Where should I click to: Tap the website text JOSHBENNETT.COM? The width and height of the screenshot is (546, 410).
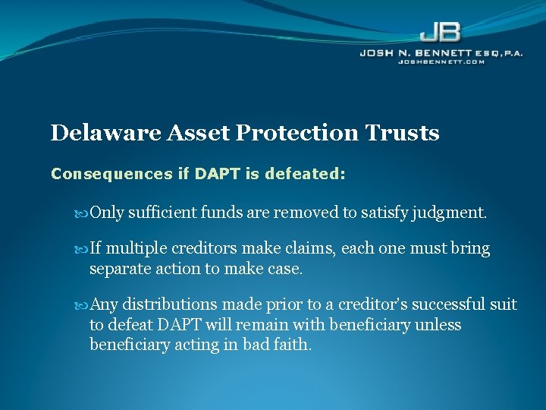(441, 61)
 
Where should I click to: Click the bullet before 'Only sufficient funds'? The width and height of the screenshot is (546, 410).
(83, 213)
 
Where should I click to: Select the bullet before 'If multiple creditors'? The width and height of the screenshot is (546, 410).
(83, 249)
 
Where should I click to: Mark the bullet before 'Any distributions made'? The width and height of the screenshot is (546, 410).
(83, 305)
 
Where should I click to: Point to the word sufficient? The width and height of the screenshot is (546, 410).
(163, 213)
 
